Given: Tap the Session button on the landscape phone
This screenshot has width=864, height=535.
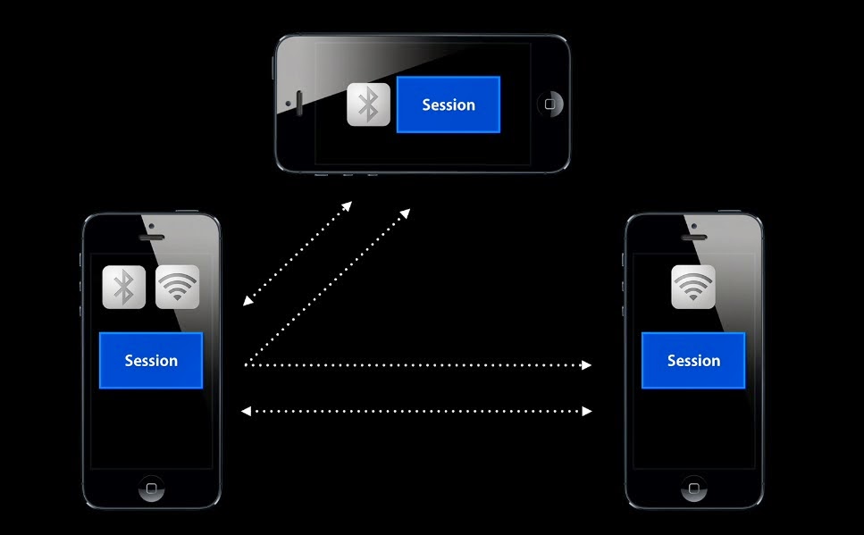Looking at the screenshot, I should (448, 104).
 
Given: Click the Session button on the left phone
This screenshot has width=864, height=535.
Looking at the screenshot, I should (151, 361).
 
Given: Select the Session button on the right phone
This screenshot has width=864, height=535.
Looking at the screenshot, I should (693, 361).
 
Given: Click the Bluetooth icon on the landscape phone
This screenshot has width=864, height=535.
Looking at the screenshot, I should (368, 104).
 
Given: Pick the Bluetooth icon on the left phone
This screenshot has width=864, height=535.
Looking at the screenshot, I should (123, 288).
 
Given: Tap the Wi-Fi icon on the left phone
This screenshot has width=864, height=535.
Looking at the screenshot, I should (177, 288).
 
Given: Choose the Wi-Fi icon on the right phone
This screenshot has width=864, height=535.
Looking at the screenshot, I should (693, 288).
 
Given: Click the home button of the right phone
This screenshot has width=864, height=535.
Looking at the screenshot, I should (693, 489).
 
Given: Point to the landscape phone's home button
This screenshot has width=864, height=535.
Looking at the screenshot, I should (549, 104).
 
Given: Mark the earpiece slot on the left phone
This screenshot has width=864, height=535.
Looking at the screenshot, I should (152, 238).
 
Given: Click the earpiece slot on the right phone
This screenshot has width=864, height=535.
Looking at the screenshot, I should (693, 238).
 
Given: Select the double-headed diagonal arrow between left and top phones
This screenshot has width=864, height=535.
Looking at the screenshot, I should (298, 254).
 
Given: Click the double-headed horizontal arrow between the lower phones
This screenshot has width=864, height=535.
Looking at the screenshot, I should (417, 411).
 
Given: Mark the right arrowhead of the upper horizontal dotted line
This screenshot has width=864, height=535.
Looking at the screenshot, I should (586, 365).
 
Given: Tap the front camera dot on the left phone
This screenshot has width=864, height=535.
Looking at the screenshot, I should (152, 226).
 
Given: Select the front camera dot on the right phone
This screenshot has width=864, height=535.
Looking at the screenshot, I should (693, 226).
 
